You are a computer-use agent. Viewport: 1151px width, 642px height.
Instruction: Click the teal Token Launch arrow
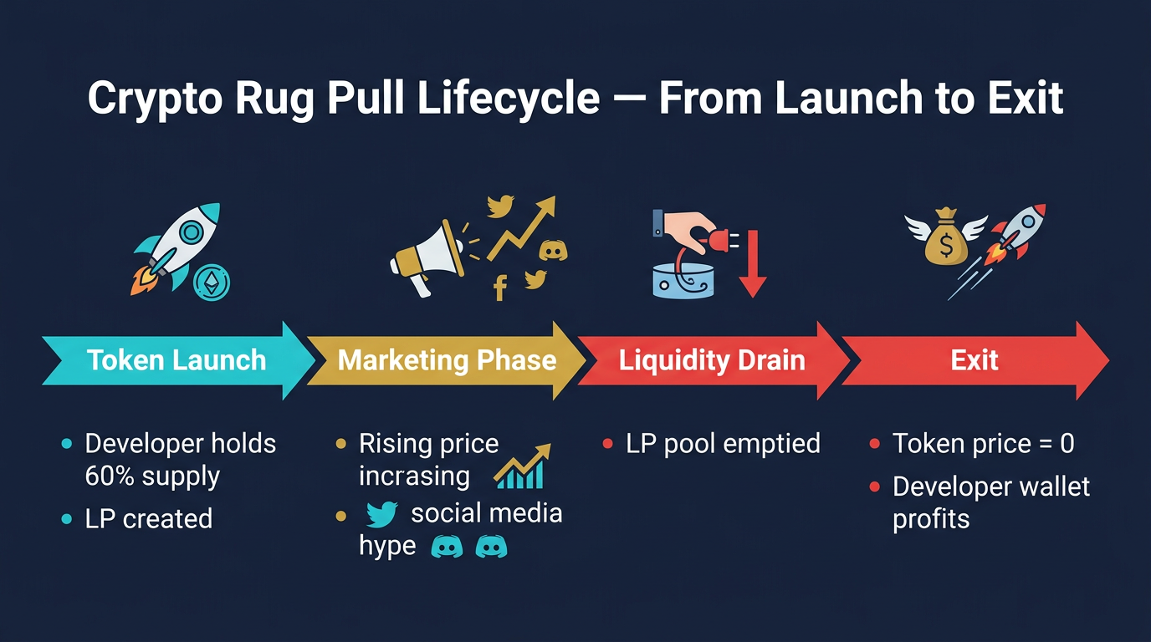pyautogui.click(x=176, y=360)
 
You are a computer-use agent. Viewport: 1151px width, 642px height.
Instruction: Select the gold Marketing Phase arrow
pyautogui.click(x=447, y=360)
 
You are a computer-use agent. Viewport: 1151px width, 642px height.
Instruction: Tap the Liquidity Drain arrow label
pyautogui.click(x=712, y=360)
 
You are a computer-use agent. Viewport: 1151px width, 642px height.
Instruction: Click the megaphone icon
pyautogui.click(x=427, y=256)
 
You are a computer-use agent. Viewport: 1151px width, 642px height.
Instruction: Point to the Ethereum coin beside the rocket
pyautogui.click(x=211, y=283)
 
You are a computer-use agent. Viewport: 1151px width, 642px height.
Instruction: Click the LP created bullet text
pyautogui.click(x=149, y=518)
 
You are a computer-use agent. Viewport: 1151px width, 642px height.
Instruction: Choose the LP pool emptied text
pyautogui.click(x=723, y=443)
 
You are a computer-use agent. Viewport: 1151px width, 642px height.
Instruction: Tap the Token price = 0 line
pyautogui.click(x=983, y=443)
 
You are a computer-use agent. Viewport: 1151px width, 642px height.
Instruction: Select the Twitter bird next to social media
pyautogui.click(x=381, y=514)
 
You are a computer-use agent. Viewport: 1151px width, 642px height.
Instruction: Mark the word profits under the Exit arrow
pyautogui.click(x=931, y=518)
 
